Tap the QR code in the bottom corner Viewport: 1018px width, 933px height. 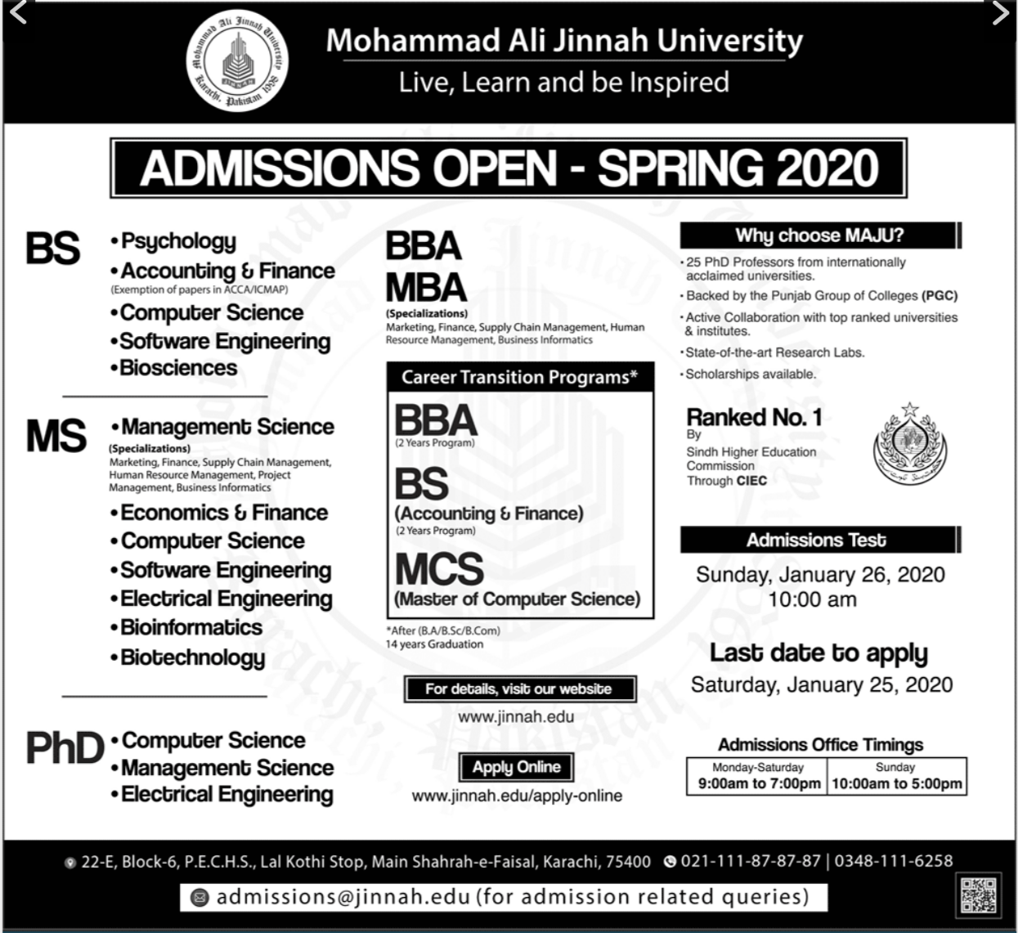[977, 895]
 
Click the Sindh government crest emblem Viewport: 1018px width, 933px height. [909, 446]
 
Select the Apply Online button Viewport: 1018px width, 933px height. [516, 767]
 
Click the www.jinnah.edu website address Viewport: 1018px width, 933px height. [516, 717]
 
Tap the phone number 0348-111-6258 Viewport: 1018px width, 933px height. [894, 860]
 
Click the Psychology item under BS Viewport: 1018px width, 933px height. [177, 241]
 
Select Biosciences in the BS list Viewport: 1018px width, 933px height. [177, 368]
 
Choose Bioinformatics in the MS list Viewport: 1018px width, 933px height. [191, 627]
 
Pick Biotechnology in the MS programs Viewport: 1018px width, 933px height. [192, 657]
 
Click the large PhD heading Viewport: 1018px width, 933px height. [65, 747]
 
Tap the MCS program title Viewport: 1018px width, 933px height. [439, 569]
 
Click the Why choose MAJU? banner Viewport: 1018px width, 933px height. [818, 235]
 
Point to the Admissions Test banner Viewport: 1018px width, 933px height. [816, 541]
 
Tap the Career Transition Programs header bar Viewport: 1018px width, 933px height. [519, 377]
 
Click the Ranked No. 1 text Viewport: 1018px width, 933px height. [754, 417]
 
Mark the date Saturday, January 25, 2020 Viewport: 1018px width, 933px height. [821, 684]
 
